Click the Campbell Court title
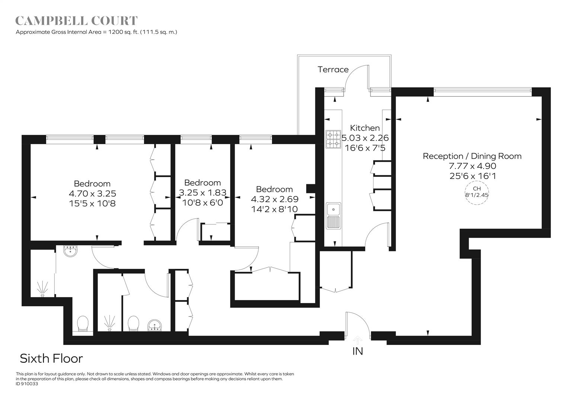coord(77,21)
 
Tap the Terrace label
coord(333,69)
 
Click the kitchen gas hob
coord(333,139)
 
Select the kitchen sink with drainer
coord(333,216)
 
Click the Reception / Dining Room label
coord(472,156)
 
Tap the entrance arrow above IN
coord(358,340)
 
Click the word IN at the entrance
coord(357,351)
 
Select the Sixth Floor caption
coord(51,359)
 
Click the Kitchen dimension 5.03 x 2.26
coord(365,138)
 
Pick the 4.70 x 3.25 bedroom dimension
coord(92,193)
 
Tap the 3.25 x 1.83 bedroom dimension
coord(203,193)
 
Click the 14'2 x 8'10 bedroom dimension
coord(274,209)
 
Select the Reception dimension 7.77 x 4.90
coord(472,166)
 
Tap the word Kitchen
coord(365,128)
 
